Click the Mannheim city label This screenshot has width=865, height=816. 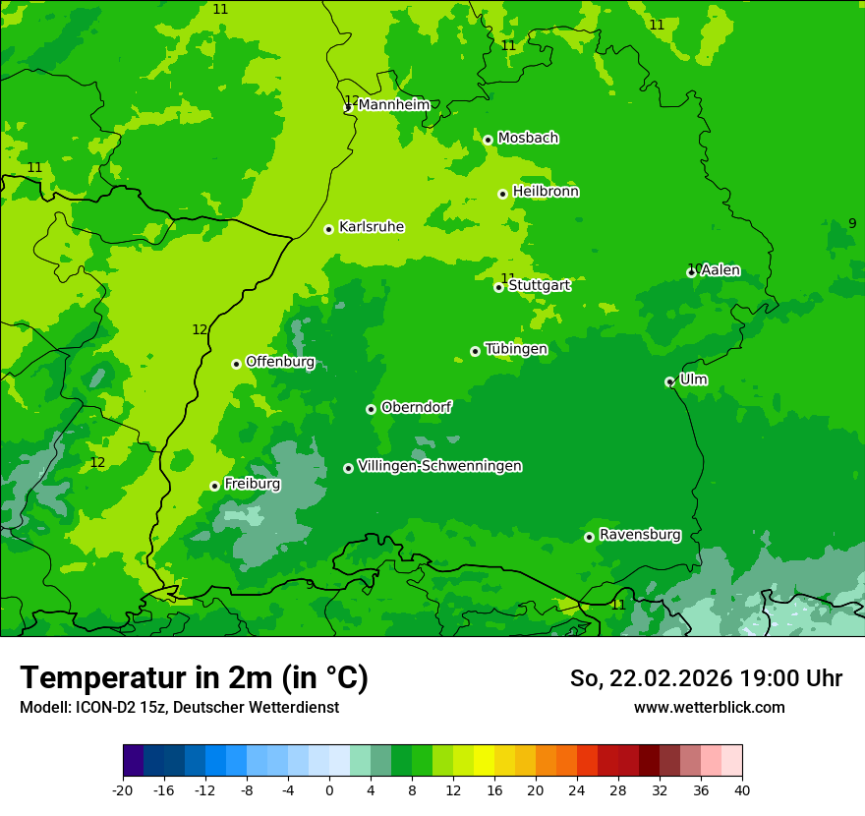pyautogui.click(x=393, y=105)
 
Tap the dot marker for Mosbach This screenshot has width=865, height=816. pyautogui.click(x=488, y=140)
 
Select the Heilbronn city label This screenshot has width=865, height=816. pyautogui.click(x=546, y=192)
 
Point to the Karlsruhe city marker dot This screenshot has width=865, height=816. pyautogui.click(x=328, y=229)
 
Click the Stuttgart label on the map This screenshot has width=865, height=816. pyautogui.click(x=539, y=285)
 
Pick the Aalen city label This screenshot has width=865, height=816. pyautogui.click(x=721, y=270)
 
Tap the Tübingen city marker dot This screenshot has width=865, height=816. pyautogui.click(x=475, y=351)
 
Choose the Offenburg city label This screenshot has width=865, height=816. pyautogui.click(x=280, y=362)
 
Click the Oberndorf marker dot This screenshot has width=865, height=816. pyautogui.click(x=371, y=409)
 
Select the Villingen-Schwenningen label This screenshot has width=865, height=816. pyautogui.click(x=439, y=466)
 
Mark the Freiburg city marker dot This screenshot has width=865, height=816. pyautogui.click(x=214, y=486)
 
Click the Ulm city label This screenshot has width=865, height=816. pyautogui.click(x=693, y=379)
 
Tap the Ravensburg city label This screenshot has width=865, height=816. pyautogui.click(x=640, y=535)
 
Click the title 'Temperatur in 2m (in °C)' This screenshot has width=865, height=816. pyautogui.click(x=194, y=677)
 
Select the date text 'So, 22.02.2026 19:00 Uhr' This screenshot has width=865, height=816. pyautogui.click(x=706, y=678)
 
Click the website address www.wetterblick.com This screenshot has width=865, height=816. pyautogui.click(x=709, y=707)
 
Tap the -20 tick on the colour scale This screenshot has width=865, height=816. pyautogui.click(x=123, y=790)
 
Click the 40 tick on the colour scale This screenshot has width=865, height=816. pyautogui.click(x=742, y=790)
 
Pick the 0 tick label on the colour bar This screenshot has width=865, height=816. pyautogui.click(x=329, y=790)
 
